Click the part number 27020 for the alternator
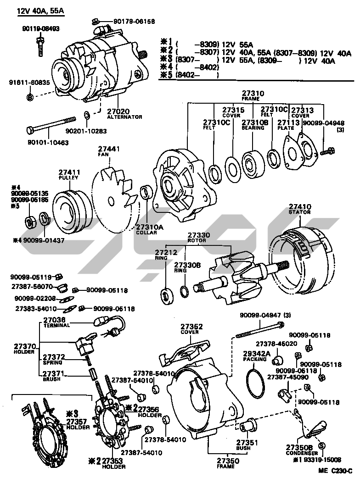click(118, 111)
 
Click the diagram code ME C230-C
click(335, 471)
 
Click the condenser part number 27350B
click(299, 447)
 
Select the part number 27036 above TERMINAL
click(54, 320)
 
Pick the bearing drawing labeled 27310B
click(252, 162)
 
